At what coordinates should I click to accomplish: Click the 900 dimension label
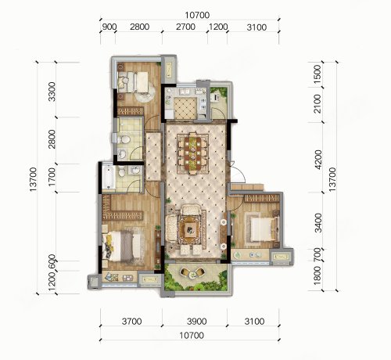click(108, 27)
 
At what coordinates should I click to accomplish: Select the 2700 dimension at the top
click(185, 27)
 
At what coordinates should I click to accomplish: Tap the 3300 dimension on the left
click(52, 92)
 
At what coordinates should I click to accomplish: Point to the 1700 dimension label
click(52, 177)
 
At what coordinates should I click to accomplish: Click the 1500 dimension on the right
click(317, 74)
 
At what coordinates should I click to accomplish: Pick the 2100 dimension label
click(317, 103)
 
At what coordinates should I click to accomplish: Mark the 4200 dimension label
click(317, 160)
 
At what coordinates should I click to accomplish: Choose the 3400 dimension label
click(317, 222)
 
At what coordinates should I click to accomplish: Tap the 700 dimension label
click(317, 255)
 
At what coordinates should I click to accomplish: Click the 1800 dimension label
click(317, 275)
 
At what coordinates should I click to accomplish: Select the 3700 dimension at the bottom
click(132, 321)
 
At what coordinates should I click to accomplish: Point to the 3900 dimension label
click(196, 321)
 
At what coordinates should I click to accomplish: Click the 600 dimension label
click(52, 261)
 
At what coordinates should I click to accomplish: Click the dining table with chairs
click(193, 153)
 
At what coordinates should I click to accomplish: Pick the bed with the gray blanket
click(123, 246)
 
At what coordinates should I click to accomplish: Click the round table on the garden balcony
click(192, 274)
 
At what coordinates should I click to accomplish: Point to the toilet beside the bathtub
click(121, 171)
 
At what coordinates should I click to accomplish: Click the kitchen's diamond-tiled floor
click(185, 108)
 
